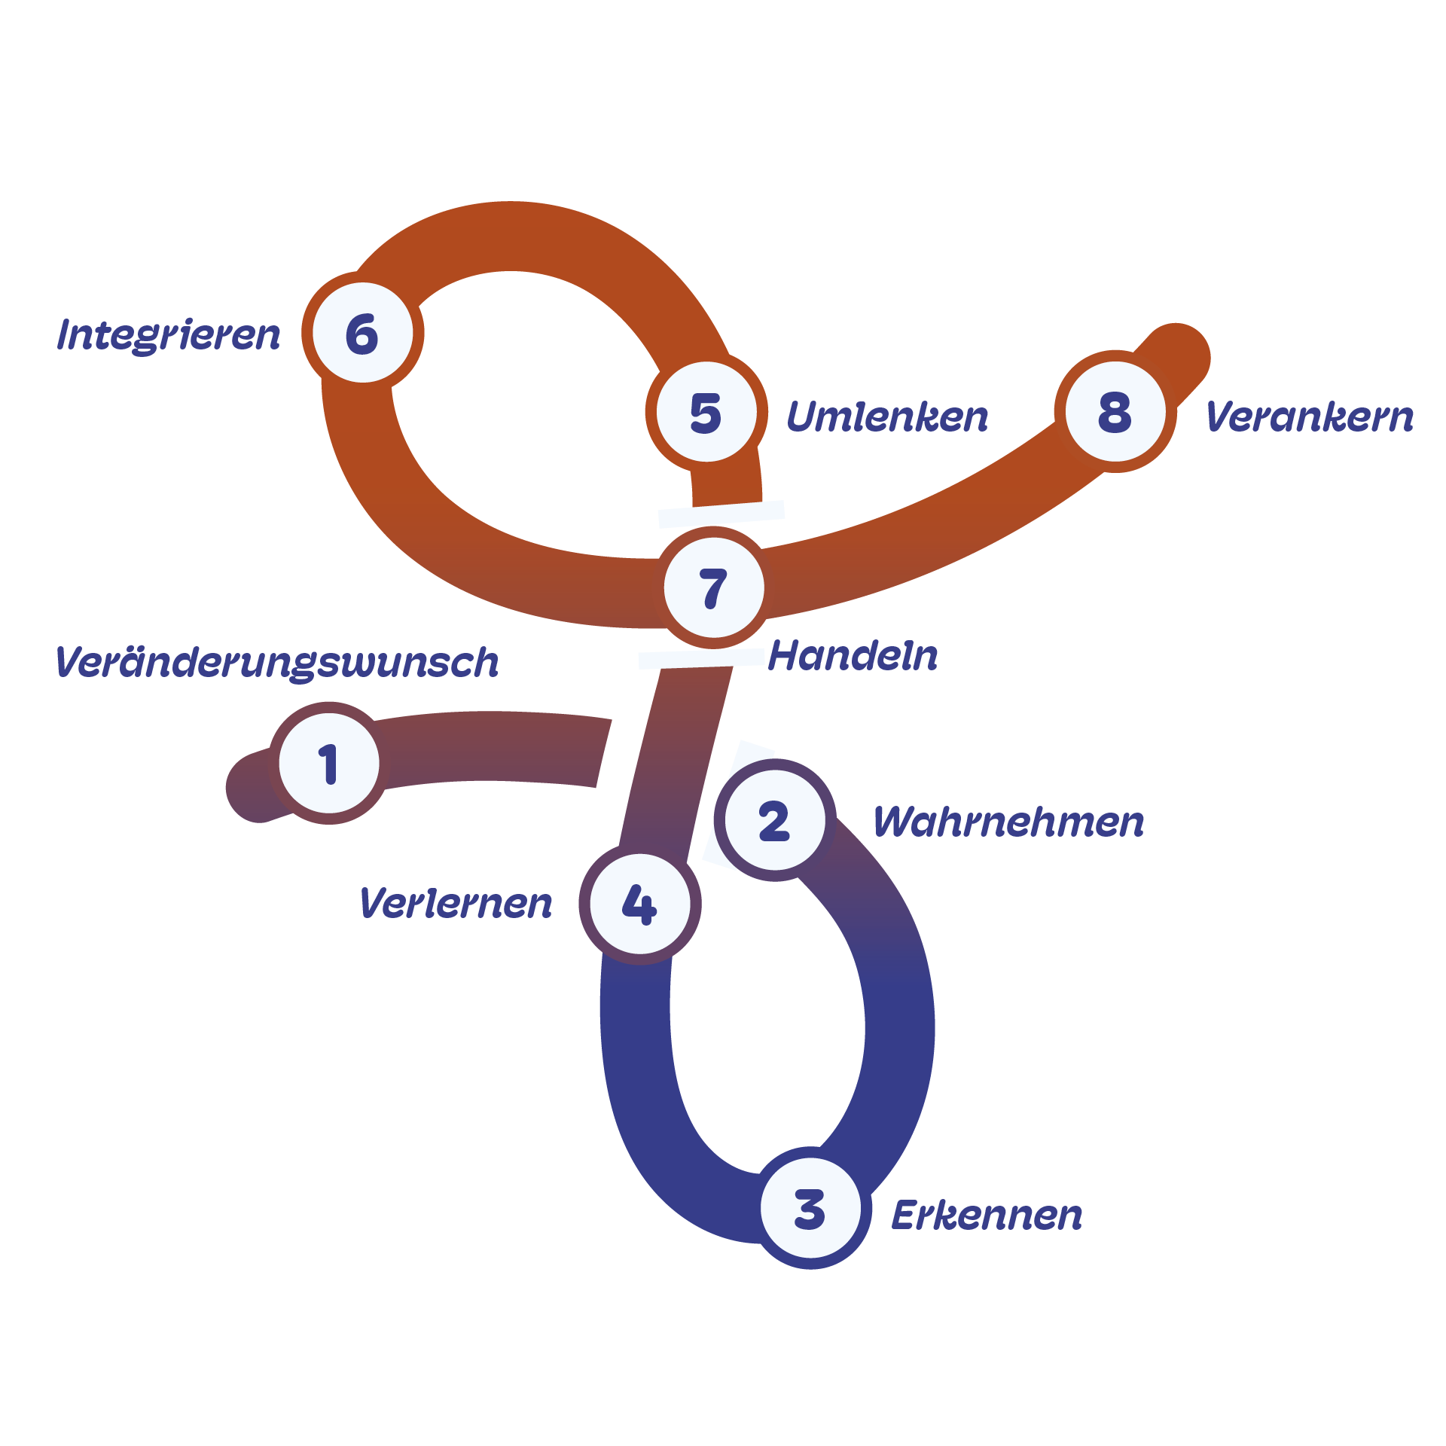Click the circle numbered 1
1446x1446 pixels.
point(329,763)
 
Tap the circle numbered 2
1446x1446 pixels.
point(774,820)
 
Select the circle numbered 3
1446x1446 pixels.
point(810,1209)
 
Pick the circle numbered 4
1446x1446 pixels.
point(639,903)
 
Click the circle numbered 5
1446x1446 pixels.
point(706,412)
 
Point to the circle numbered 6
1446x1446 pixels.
point(362,333)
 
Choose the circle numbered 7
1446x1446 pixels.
point(714,588)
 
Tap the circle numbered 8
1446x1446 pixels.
point(1115,412)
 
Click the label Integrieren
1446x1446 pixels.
point(169,335)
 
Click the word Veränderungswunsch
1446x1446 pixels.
point(277,663)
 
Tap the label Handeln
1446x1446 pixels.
point(853,656)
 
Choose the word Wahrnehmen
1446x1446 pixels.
point(1008,822)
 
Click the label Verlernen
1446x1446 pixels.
point(456,903)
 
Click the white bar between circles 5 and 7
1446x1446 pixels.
point(721,514)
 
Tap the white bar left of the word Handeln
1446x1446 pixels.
point(701,659)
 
